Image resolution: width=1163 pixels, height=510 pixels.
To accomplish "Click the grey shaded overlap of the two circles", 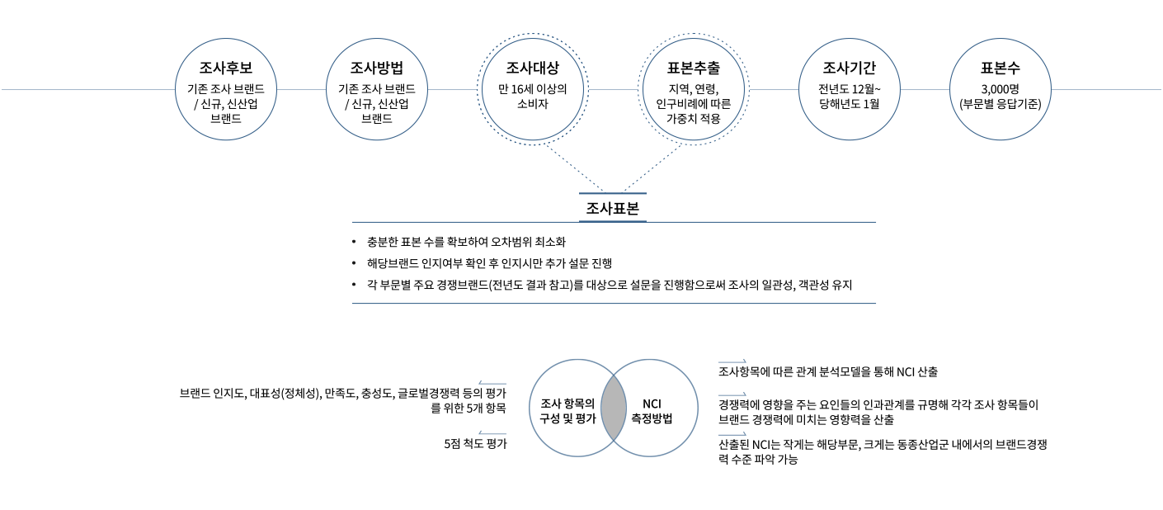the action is point(614,408).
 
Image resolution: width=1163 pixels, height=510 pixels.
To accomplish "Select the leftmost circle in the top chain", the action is point(226,89).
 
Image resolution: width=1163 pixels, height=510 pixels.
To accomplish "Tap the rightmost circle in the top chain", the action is point(1001,89).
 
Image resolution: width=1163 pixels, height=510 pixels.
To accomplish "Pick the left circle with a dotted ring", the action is point(533,89).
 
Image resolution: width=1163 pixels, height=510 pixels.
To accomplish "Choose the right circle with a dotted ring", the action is point(694,89).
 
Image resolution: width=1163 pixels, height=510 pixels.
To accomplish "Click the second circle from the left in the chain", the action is point(377,89).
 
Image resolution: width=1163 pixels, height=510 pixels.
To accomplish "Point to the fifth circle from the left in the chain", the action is point(850,89).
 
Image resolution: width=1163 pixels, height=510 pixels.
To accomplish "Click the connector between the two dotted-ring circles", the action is point(613,89).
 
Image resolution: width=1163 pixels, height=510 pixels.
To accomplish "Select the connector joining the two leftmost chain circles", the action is point(301,89).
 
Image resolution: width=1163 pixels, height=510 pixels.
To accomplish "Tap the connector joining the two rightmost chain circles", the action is point(925,89).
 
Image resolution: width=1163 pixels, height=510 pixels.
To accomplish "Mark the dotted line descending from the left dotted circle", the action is point(573,168).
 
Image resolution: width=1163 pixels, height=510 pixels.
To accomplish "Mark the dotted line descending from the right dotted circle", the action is point(652,168).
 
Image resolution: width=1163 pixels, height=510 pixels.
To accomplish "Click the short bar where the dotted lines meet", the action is point(613,194).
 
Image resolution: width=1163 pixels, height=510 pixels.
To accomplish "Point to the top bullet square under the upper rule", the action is point(354,242).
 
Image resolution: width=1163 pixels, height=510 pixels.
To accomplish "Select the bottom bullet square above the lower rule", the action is point(354,285).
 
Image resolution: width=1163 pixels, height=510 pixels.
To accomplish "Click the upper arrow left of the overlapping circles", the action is point(492,383).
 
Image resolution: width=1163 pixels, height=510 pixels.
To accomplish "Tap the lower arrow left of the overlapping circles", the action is point(492,433).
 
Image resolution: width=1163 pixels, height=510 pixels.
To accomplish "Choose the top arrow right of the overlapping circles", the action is point(732,361).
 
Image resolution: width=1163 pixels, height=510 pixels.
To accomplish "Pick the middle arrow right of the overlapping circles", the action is point(732,395).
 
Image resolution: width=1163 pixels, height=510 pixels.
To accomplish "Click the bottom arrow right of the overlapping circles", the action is point(732,434).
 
